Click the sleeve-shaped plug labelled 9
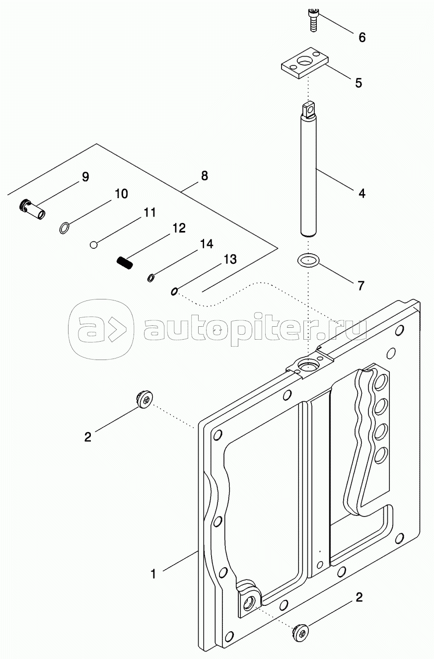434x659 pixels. point(32,210)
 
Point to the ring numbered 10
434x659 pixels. point(65,228)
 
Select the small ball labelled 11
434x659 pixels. point(93,245)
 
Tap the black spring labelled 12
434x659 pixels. point(125,262)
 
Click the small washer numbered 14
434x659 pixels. point(151,278)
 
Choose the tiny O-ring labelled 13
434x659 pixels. point(174,292)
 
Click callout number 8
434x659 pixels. point(204,176)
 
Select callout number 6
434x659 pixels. point(362,37)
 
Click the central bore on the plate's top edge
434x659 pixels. point(306,366)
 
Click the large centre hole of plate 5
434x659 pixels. point(304,62)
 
